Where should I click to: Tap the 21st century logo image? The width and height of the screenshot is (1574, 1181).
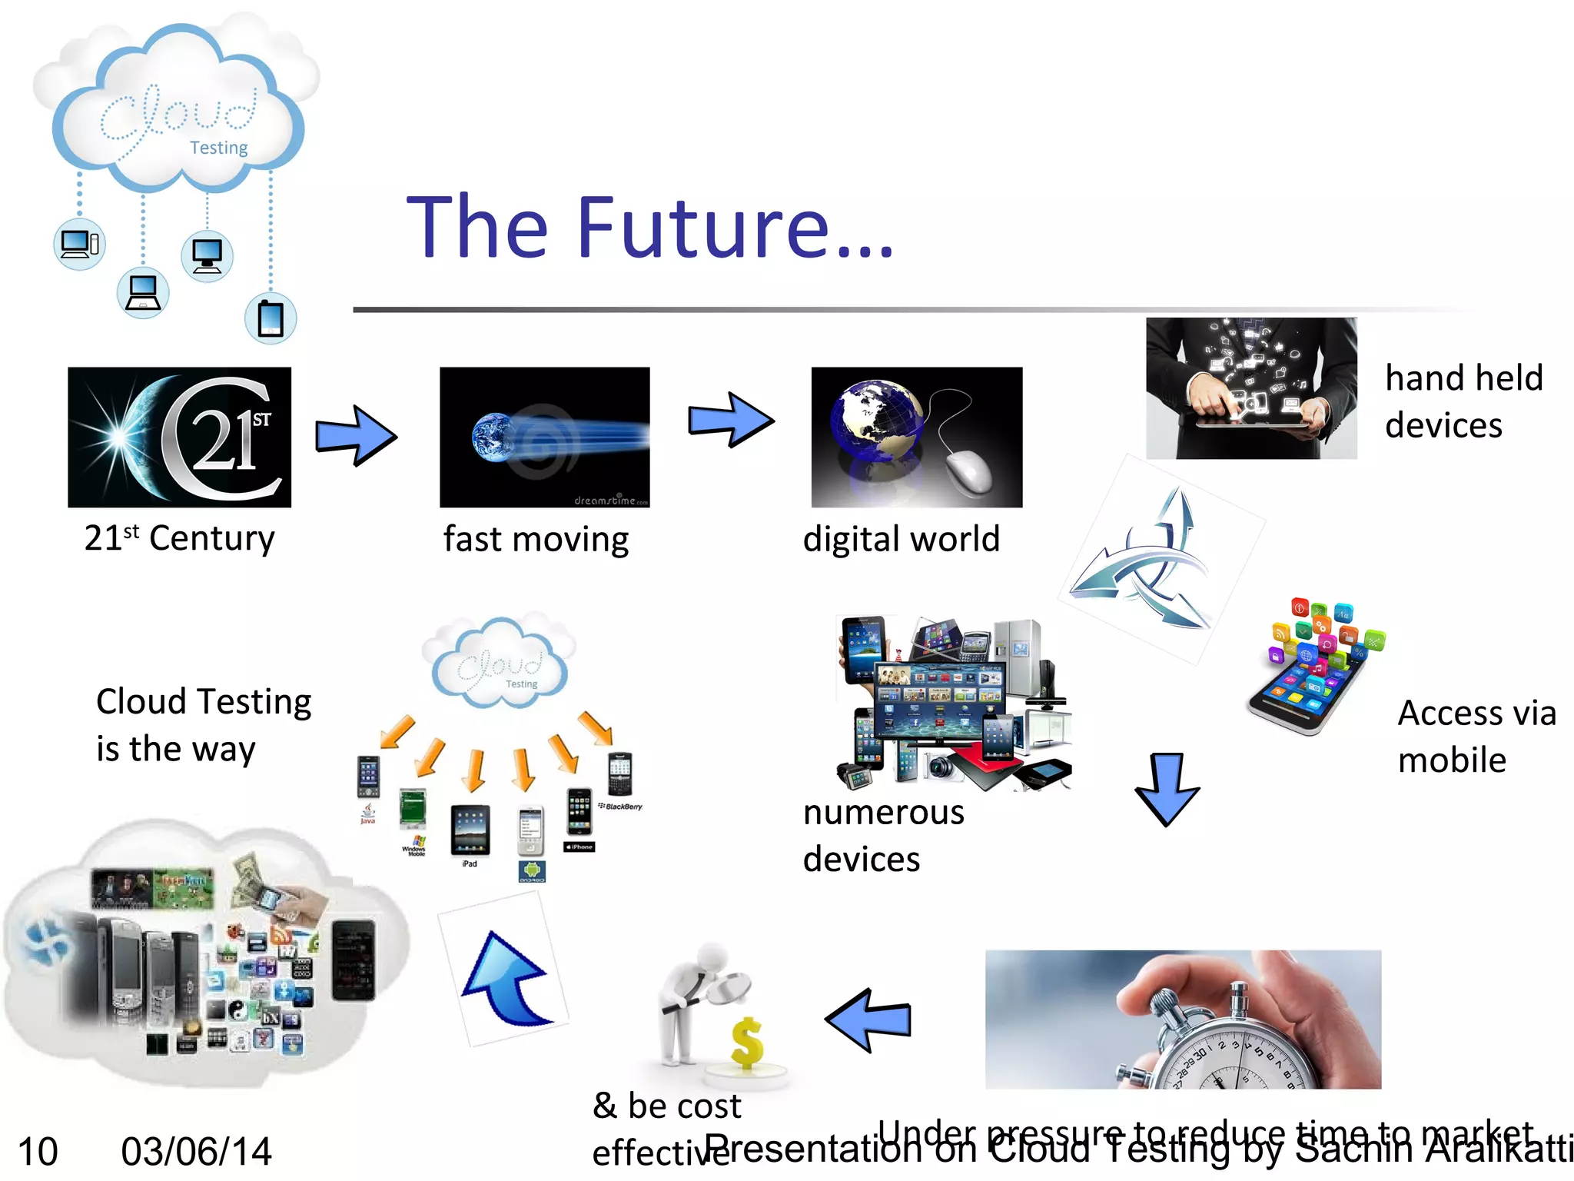(179, 437)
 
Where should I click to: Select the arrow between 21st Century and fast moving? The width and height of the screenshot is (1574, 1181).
(356, 436)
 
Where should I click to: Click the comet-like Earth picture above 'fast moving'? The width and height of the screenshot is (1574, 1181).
(544, 437)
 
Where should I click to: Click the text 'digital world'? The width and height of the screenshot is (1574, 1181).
(901, 538)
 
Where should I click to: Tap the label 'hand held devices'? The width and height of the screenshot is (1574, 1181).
(1463, 401)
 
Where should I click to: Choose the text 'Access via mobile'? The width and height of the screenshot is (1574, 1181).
(1476, 736)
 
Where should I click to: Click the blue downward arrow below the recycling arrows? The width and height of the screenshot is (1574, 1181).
(1167, 788)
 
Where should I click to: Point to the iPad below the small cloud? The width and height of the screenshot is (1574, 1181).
(470, 830)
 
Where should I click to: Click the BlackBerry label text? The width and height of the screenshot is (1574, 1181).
(623, 807)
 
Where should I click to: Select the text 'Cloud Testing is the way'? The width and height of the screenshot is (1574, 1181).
(203, 725)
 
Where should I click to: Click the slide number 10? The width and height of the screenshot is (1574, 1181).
(38, 1152)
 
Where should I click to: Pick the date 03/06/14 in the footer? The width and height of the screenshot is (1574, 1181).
(196, 1152)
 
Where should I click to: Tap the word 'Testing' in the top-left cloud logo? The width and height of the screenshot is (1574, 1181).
(219, 148)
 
